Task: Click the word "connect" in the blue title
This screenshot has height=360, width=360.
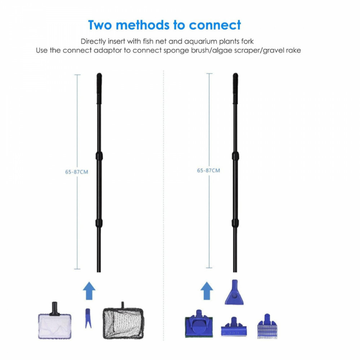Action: (x=215, y=25)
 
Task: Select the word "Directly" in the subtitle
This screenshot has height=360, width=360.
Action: (x=94, y=41)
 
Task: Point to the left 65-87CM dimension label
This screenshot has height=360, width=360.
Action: (x=76, y=172)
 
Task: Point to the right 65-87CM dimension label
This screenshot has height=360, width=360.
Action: (x=208, y=171)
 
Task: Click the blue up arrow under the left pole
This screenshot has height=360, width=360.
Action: (x=89, y=291)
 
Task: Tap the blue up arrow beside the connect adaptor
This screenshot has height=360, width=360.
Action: (x=207, y=291)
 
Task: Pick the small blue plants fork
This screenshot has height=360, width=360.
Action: (x=88, y=318)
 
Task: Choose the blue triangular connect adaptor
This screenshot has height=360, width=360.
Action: (x=234, y=293)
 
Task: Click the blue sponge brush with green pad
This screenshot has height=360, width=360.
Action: (x=199, y=324)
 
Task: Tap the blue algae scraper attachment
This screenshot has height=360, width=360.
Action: (x=234, y=327)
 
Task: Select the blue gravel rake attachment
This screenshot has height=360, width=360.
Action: (x=267, y=326)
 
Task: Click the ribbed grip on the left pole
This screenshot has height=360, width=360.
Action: (x=99, y=88)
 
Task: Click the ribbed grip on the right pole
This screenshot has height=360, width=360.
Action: (x=235, y=88)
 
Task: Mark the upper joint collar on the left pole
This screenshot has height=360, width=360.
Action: (x=99, y=156)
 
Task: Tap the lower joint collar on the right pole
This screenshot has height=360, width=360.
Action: (x=235, y=223)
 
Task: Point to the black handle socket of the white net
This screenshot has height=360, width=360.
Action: (x=55, y=309)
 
